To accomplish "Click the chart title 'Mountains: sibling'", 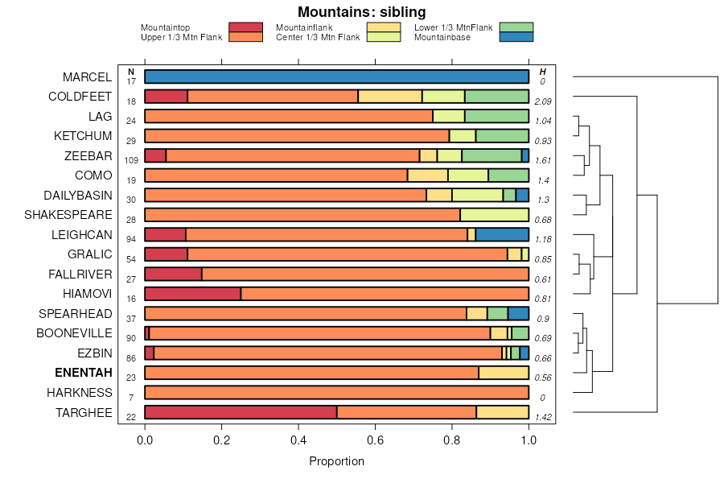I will [361, 12].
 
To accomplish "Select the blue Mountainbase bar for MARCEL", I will [336, 76].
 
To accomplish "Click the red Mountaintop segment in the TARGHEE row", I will [241, 412].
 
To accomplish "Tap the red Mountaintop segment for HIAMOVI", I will [192, 294].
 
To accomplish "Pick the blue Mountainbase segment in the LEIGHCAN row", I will [502, 234].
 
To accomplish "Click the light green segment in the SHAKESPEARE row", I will [494, 215].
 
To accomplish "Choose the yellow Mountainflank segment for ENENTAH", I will [504, 373].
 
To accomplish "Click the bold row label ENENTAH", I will [83, 374].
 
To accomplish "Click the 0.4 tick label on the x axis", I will [298, 440].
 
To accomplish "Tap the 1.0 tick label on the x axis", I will [529, 440].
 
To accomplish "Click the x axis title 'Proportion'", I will [336, 461].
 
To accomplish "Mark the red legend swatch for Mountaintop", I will [245, 27].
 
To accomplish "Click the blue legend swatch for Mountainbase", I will [516, 37].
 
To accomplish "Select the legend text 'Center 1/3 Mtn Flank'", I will [318, 37].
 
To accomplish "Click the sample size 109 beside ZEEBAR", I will [131, 160].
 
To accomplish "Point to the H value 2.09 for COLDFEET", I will [542, 101].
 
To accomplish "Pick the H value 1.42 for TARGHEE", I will [542, 417].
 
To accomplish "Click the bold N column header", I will [131, 72].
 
